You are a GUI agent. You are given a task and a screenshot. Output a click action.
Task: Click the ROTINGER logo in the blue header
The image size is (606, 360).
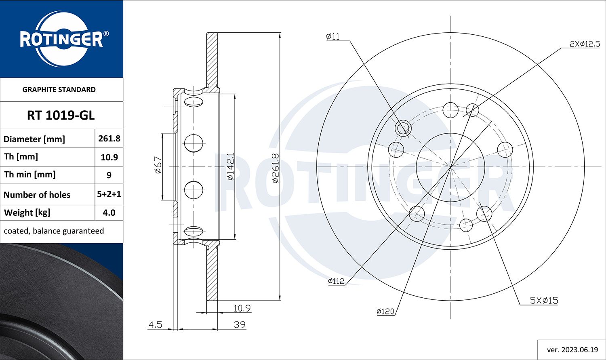pos(61,40)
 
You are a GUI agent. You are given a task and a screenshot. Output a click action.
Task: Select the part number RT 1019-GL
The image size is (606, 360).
pos(61,116)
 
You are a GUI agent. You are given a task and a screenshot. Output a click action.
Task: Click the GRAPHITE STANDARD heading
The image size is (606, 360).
pos(59,90)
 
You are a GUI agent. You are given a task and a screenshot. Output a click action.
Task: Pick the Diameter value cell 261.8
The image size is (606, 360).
pos(109,139)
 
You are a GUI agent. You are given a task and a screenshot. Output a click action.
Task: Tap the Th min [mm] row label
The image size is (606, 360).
pos(29,175)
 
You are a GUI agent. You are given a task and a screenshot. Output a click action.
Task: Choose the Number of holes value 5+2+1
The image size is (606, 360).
pos(109,194)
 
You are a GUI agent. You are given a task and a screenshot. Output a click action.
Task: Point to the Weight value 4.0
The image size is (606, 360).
pos(109,213)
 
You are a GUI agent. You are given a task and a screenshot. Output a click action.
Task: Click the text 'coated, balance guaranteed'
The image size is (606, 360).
pos(54,231)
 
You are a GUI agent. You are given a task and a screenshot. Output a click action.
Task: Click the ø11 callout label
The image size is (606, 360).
pos(333,37)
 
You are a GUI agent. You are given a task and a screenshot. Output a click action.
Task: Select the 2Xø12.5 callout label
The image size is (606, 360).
pos(584,44)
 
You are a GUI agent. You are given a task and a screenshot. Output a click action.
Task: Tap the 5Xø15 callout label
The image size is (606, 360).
pos(544,301)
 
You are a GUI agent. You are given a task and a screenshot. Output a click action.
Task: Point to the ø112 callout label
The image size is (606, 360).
pos(336,281)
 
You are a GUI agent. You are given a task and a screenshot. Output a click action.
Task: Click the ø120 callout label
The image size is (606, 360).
pos(385,312)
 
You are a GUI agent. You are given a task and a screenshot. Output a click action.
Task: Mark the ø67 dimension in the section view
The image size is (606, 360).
pos(158,165)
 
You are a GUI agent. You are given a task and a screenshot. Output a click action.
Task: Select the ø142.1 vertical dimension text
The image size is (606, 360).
pos(230,166)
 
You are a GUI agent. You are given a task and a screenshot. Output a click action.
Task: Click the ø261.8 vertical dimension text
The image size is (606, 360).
pos(275,168)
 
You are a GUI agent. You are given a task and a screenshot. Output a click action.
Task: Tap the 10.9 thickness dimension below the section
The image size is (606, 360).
pos(242,308)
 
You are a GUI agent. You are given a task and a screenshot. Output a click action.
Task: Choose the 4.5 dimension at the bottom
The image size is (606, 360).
pos(155,325)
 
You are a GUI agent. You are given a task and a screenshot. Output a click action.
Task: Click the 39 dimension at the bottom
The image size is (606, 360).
pos(240,325)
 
